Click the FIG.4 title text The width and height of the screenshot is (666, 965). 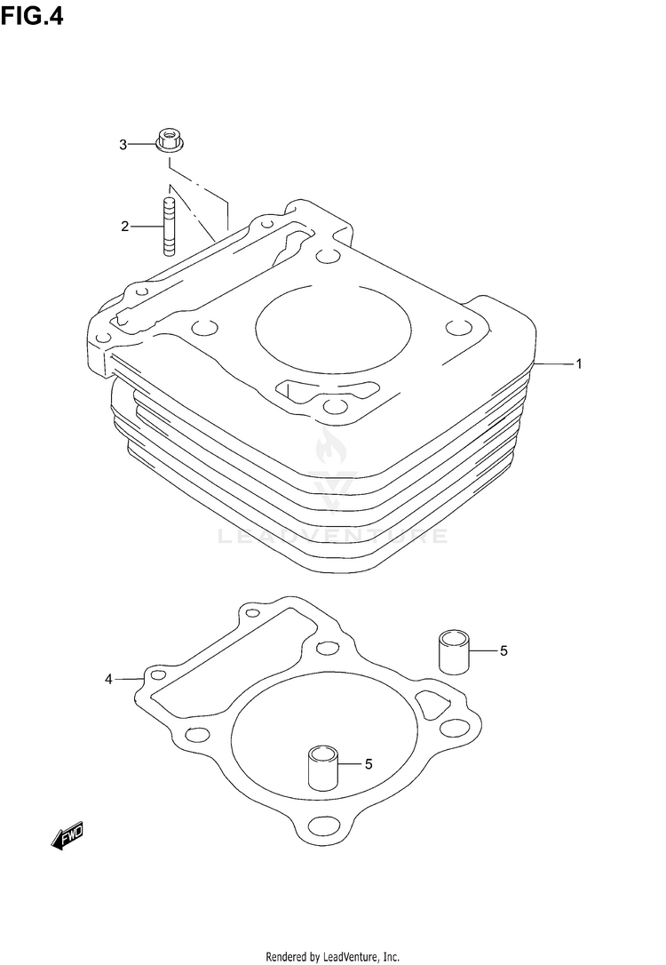32,16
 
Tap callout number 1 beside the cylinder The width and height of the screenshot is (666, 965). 578,363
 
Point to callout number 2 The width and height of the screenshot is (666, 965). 125,227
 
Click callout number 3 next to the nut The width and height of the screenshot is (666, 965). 123,145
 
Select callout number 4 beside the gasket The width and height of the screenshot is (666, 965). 109,680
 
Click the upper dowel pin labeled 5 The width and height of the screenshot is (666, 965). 454,651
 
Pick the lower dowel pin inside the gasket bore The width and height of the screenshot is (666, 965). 323,768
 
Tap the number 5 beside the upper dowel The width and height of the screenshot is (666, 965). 503,650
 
